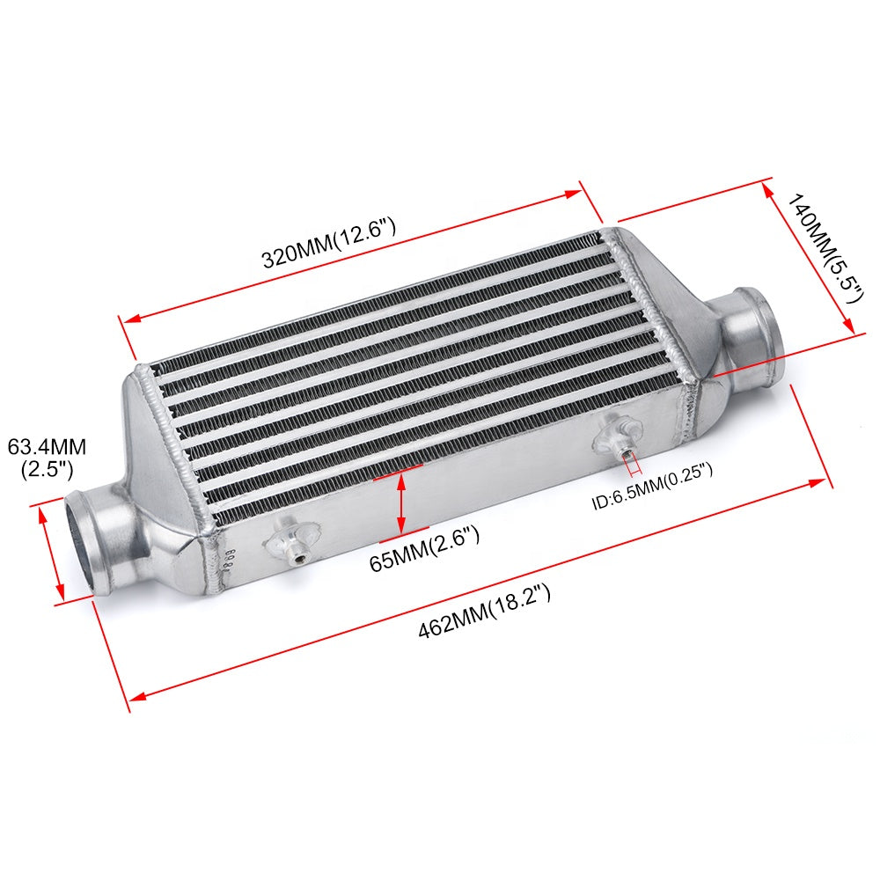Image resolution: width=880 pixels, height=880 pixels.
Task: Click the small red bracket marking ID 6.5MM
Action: point(631,466)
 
